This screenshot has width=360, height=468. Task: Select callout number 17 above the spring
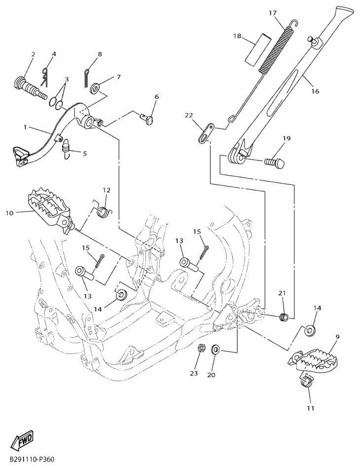(x=273, y=13)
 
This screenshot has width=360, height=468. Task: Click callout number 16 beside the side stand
(x=315, y=91)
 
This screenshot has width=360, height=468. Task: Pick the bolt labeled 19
(x=274, y=163)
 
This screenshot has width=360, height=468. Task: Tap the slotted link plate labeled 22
(x=206, y=132)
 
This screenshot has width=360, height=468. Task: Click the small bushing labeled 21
(x=284, y=317)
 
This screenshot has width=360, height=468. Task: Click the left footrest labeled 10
(x=50, y=209)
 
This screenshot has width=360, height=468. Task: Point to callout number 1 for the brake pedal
(x=25, y=127)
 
